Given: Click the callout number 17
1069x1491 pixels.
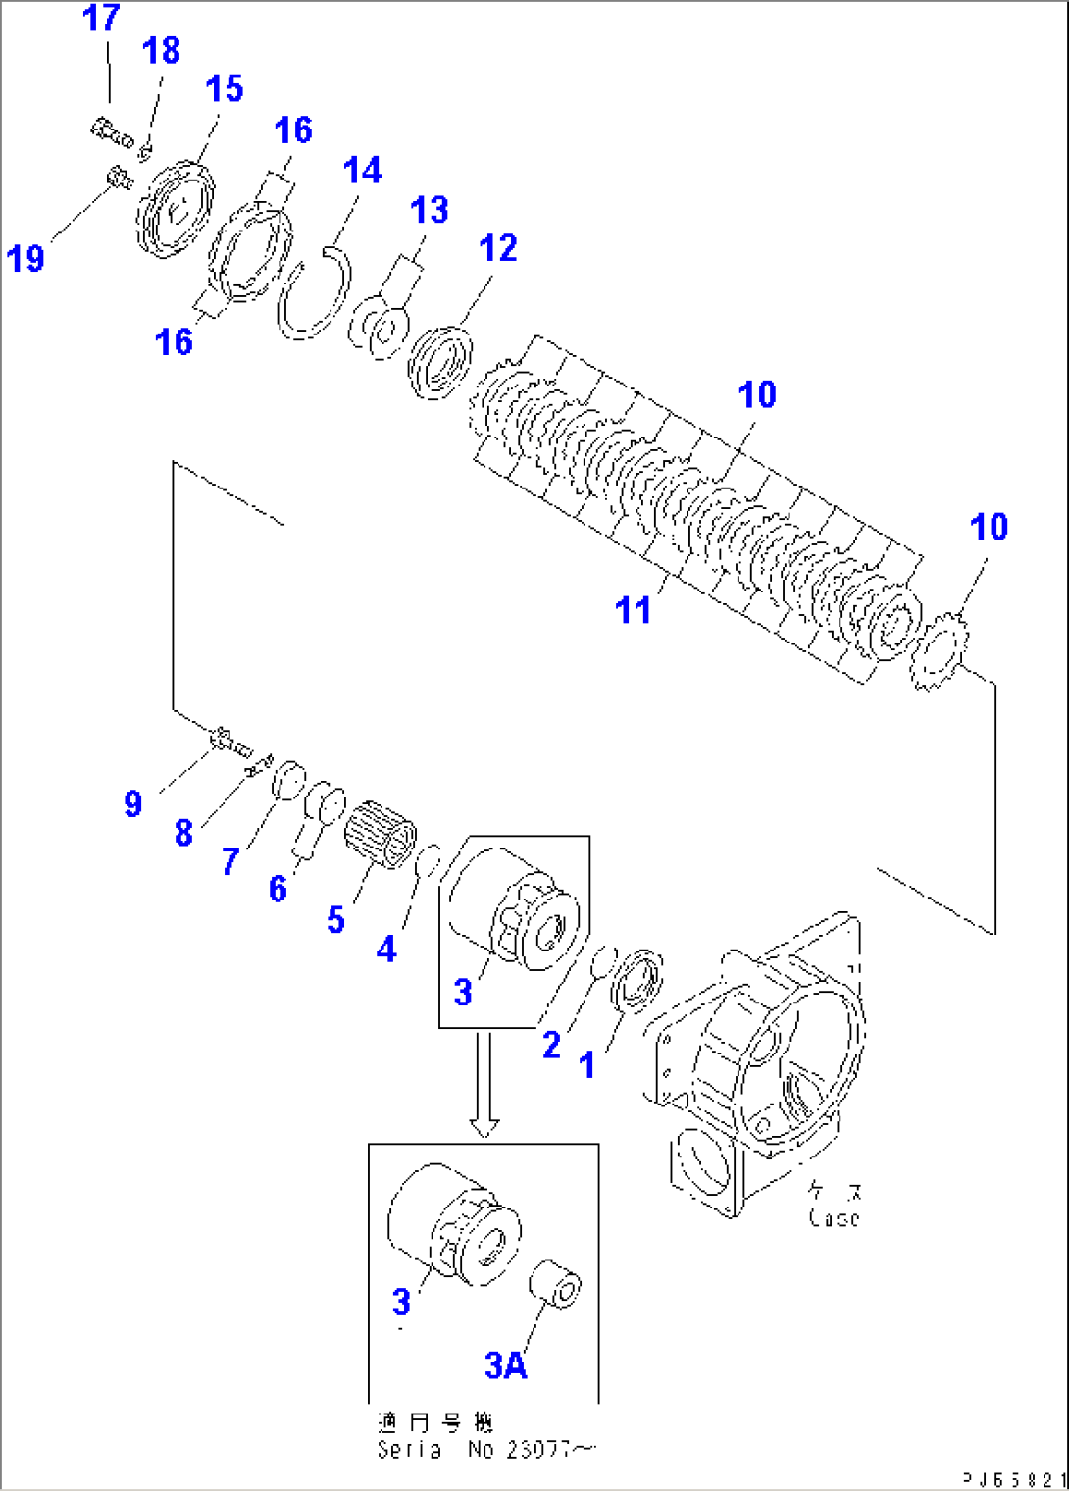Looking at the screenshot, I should tap(101, 18).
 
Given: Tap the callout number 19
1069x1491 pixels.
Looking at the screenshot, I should tap(25, 259).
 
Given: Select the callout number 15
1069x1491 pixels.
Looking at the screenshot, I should tap(224, 89).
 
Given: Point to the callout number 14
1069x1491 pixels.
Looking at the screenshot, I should tap(362, 171).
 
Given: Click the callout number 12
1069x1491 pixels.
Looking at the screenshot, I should tap(497, 248).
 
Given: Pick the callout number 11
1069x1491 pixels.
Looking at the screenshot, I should tap(633, 610).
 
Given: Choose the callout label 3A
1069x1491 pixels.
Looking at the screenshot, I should tap(505, 1364).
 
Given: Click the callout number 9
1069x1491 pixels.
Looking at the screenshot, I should tap(133, 804).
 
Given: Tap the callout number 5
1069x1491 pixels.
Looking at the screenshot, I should tap(335, 920).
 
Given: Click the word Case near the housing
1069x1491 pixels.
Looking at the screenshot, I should tap(834, 1217).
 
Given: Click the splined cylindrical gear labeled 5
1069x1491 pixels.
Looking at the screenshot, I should tap(381, 834).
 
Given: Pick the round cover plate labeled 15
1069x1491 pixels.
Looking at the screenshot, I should tap(175, 210).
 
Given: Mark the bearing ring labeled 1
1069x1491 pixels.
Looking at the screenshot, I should tap(637, 979).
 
